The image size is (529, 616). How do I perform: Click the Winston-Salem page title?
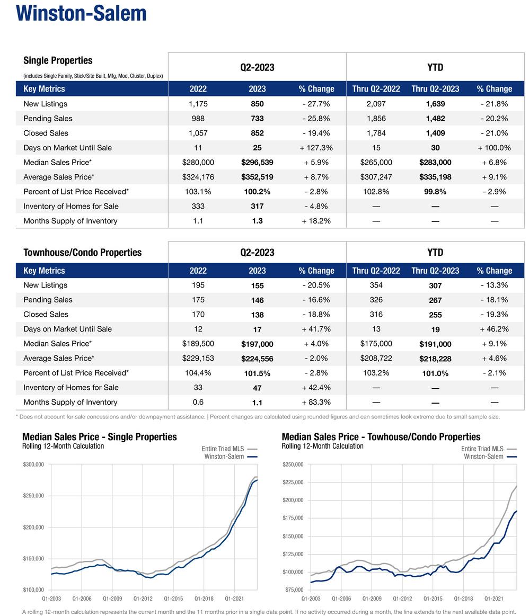pos(81,13)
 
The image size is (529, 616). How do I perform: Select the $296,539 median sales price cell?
pos(257,162)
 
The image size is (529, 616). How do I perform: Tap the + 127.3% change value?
pos(316,148)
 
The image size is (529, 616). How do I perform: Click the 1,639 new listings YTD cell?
pos(435,104)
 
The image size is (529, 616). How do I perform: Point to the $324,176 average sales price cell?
pos(198,177)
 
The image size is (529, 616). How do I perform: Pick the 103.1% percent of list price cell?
pos(198,192)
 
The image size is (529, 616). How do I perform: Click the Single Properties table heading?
pos(58,60)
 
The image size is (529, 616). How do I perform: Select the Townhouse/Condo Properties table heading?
pos(82,252)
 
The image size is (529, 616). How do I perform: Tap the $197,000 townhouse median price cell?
pos(257,344)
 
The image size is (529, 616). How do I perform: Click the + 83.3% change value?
pos(316,402)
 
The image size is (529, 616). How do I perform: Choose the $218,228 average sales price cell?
pos(435,359)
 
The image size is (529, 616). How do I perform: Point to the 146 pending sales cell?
pos(257,300)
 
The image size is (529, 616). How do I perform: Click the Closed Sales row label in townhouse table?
pos(46,315)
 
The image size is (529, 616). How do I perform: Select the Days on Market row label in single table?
pos(67,148)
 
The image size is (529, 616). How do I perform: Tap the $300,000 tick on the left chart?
pos(33,465)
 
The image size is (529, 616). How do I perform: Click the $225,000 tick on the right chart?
pos(293,483)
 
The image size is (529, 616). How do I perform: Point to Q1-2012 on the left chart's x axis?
pos(143,599)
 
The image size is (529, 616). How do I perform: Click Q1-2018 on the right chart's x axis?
pos(463,599)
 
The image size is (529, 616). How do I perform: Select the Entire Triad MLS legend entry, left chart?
pos(223,449)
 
